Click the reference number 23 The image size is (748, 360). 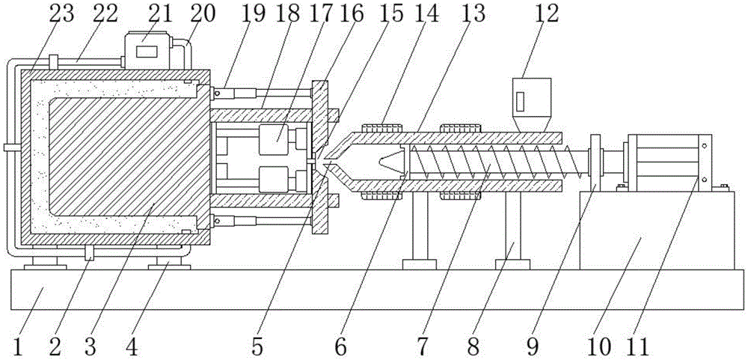pos(63,14)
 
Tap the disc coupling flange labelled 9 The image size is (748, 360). pos(595,161)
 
